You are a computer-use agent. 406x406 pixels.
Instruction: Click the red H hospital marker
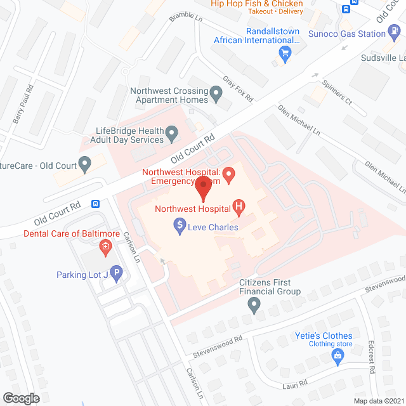[239, 206]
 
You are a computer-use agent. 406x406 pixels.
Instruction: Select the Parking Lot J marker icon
[116, 274]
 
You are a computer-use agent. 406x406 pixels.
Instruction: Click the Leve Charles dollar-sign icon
[180, 225]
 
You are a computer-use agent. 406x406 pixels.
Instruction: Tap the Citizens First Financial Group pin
[254, 306]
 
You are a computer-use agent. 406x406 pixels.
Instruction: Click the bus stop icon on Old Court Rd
[96, 204]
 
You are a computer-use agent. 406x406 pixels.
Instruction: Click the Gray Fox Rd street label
[238, 89]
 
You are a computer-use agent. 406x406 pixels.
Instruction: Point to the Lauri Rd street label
[295, 383]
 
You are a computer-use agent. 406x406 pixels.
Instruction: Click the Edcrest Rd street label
[372, 359]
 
